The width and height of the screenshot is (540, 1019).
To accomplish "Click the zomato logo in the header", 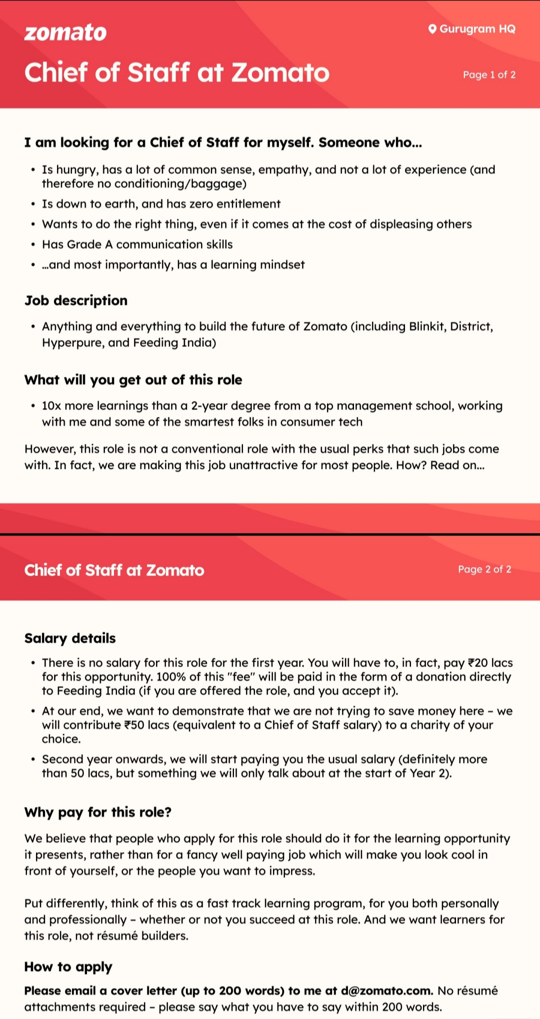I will (x=65, y=33).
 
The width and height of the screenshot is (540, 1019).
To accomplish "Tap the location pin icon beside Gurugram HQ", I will (x=432, y=29).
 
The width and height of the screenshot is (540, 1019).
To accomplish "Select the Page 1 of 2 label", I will (x=489, y=75).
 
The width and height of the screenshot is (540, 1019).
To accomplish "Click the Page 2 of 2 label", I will (x=484, y=569).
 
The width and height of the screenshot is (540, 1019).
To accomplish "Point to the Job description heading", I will (x=76, y=300).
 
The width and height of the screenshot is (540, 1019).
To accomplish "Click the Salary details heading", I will (x=70, y=638).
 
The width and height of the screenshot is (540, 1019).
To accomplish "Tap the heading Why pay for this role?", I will (x=98, y=812).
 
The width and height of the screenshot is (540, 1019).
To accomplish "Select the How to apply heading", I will (x=68, y=966).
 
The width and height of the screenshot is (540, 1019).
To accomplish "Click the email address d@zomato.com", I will (x=386, y=990).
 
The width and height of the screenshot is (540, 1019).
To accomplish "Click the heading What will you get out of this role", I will (x=133, y=380).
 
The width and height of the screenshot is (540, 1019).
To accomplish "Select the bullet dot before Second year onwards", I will (x=32, y=759).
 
